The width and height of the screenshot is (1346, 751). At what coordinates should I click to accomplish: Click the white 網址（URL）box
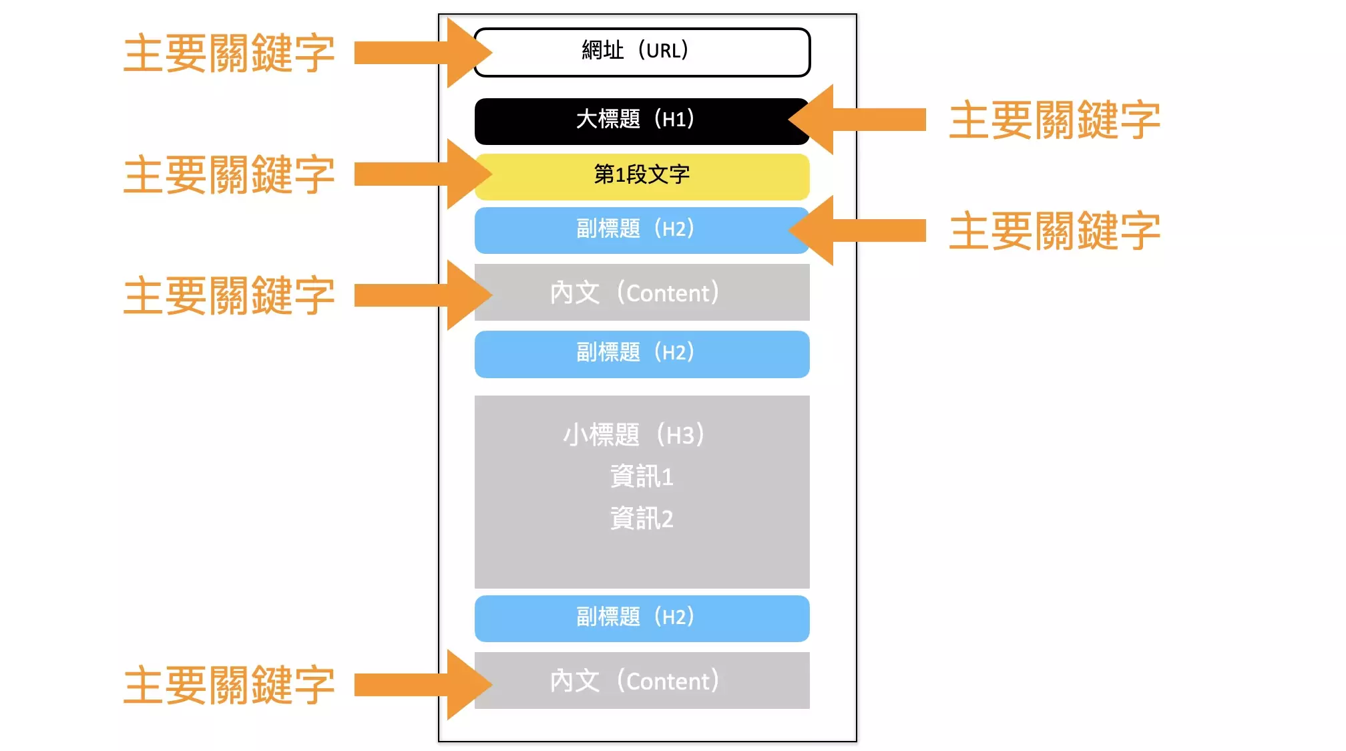[x=642, y=52]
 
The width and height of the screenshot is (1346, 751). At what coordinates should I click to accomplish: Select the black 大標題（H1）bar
[x=642, y=121]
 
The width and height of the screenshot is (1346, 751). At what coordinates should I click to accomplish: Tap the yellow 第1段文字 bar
[x=642, y=176]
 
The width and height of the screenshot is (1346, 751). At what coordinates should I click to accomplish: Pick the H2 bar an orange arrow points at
[x=642, y=230]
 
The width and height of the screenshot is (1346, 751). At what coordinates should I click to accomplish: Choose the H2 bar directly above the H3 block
[x=642, y=353]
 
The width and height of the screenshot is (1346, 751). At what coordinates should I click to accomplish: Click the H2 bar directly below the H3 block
[x=642, y=618]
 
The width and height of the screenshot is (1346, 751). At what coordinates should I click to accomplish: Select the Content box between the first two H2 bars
[x=642, y=293]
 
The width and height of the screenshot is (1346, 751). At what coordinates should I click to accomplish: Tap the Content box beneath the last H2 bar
[x=642, y=681]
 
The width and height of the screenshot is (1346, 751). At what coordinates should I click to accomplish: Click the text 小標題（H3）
[x=634, y=435]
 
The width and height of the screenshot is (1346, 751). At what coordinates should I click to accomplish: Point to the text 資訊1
[x=642, y=476]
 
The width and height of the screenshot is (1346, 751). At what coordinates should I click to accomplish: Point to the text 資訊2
[x=642, y=518]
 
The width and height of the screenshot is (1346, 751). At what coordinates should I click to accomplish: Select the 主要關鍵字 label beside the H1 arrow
[x=1054, y=120]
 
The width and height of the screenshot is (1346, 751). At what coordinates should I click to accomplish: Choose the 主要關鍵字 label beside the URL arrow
[x=229, y=53]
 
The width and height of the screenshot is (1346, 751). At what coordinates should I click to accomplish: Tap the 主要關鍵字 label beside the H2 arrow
[x=1054, y=231]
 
